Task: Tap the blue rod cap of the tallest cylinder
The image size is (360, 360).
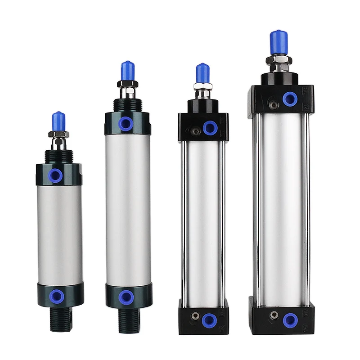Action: (x=279, y=42)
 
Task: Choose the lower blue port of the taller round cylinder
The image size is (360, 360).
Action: (x=126, y=297)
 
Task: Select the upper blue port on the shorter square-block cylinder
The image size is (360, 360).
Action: (x=210, y=128)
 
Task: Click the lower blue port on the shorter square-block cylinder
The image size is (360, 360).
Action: (x=208, y=320)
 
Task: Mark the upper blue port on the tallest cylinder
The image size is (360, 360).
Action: (x=290, y=99)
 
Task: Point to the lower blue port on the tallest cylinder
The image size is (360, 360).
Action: (x=289, y=320)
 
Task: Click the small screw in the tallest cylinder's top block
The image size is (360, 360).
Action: (x=272, y=105)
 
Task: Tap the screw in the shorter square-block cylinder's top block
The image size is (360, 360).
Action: (x=195, y=132)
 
